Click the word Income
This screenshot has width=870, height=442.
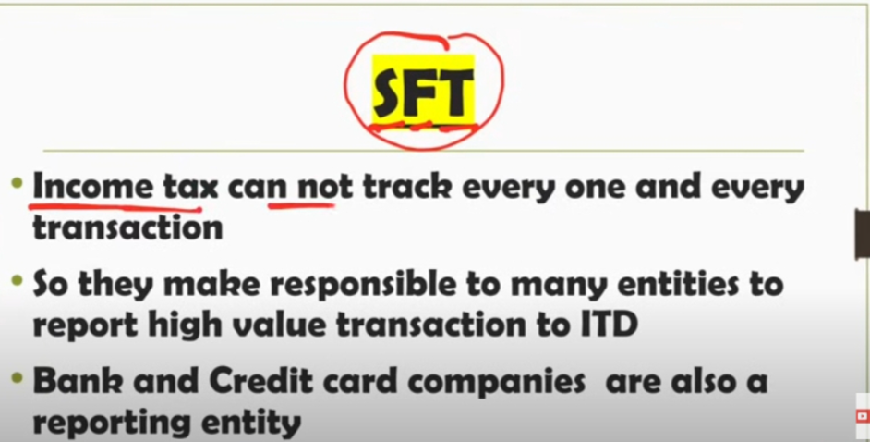[x=92, y=188]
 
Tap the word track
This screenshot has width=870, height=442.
[x=408, y=188]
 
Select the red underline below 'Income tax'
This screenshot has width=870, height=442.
[x=115, y=207]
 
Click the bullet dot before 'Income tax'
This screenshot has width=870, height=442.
[x=18, y=183]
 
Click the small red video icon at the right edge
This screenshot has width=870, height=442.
[x=863, y=415]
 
